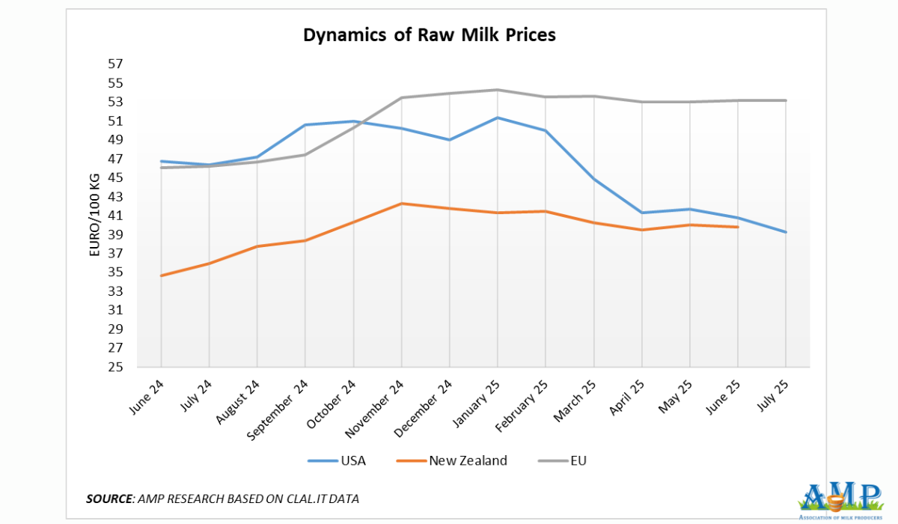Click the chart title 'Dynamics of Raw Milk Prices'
tap(429, 35)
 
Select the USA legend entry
tap(352, 460)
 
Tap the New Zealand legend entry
tap(468, 460)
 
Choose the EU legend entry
tap(577, 460)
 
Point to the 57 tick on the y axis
tap(116, 64)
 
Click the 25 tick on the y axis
tap(116, 367)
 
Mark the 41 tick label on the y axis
tap(116, 216)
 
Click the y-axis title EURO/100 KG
tap(94, 216)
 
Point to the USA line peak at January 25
tap(498, 118)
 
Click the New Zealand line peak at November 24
tap(401, 204)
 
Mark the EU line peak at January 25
tap(498, 90)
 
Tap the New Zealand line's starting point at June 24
tap(161, 275)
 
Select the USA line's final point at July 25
tap(786, 232)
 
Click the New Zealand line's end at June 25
tap(738, 227)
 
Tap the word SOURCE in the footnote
tap(110, 499)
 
